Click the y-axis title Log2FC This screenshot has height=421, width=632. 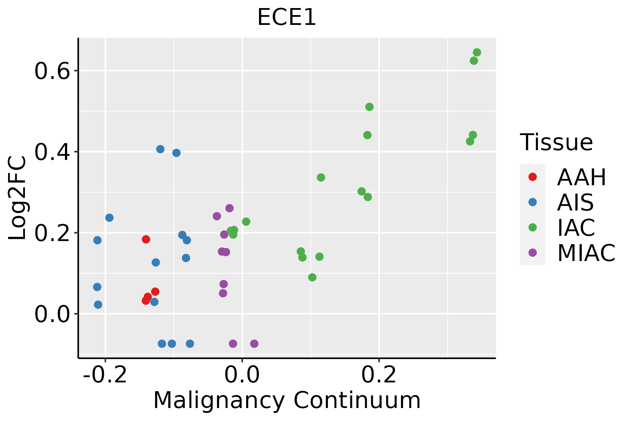[x=18, y=198]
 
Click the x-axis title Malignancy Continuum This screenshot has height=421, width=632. [x=287, y=400]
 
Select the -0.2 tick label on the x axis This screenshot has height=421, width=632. [x=105, y=375]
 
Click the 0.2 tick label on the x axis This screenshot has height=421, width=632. [x=379, y=375]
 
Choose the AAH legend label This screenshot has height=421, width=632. [x=581, y=177]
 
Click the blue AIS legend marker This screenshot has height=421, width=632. [x=533, y=202]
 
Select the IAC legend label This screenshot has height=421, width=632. [x=576, y=227]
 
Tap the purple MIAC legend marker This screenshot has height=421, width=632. [x=533, y=253]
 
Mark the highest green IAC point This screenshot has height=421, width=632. [x=477, y=53]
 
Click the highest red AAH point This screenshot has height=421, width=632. [x=146, y=239]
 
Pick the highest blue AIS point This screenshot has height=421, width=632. [x=160, y=149]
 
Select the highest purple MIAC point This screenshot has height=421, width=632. [x=229, y=208]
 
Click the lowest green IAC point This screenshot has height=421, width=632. [x=312, y=278]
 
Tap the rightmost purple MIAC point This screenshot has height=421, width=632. [x=254, y=343]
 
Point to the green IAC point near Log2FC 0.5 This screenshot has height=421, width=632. [x=369, y=107]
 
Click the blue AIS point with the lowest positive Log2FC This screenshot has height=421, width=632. [x=98, y=305]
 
